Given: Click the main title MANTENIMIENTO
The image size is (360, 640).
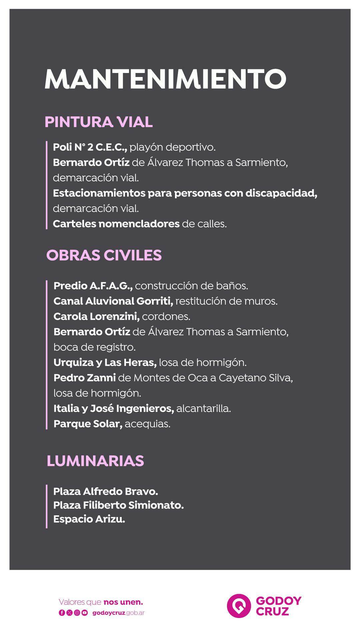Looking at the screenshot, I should (165, 79).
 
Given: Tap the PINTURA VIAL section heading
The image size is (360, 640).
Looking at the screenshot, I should (99, 122).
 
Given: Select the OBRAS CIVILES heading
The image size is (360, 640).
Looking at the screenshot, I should (104, 255).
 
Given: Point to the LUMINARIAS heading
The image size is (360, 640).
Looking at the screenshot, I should (95, 461).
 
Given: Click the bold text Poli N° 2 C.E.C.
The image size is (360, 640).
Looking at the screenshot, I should (90, 147).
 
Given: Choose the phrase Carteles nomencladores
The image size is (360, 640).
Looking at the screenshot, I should (116, 224).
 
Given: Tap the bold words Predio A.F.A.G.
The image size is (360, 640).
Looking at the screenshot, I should (93, 286).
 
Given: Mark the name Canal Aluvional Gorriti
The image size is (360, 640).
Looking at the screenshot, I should (113, 301).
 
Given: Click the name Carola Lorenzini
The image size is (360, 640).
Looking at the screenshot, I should (96, 316).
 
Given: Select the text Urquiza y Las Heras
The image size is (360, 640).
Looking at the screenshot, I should (105, 362).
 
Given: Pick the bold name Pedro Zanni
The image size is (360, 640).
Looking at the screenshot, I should (85, 378).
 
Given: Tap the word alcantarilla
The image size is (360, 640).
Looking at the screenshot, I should (203, 408).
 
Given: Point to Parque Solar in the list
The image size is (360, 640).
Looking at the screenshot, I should (88, 424).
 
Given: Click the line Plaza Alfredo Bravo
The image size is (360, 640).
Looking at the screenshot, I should (106, 491).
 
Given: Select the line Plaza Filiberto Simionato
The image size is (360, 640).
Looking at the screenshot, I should (118, 505).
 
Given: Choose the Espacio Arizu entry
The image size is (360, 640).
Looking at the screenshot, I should (89, 519).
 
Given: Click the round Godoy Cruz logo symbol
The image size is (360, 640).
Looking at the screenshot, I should (239, 606).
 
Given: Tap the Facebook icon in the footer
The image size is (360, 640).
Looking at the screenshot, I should (62, 613).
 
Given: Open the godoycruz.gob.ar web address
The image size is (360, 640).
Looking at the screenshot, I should (118, 613).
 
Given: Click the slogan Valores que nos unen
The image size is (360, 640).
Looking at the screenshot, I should (101, 602).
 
